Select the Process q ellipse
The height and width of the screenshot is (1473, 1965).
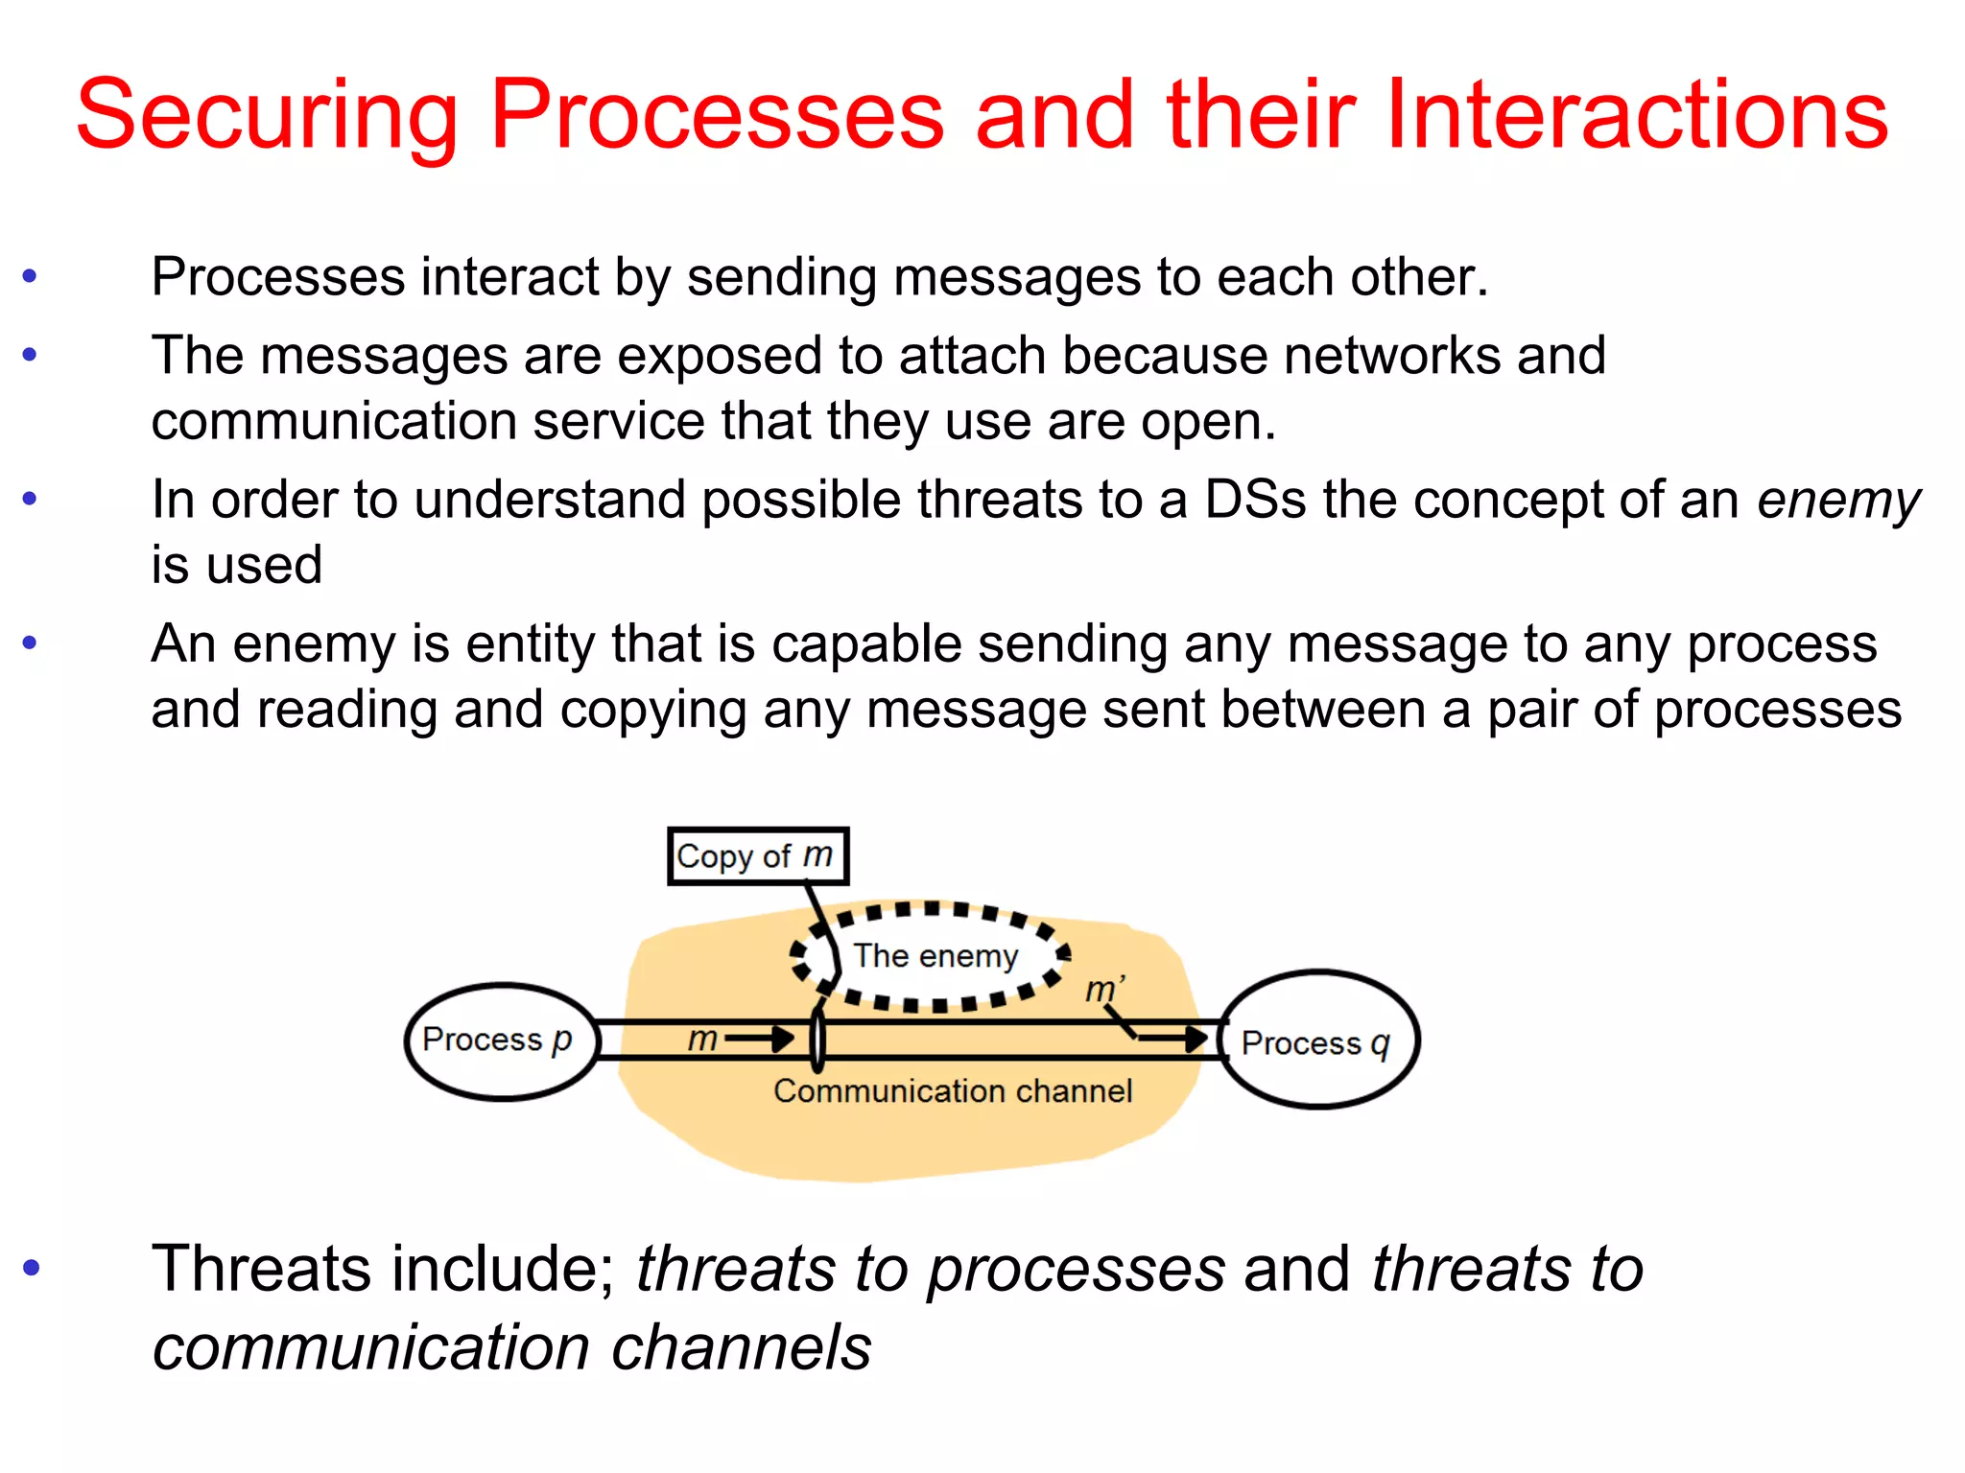(x=1318, y=1041)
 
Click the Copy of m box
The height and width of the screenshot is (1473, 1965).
(x=757, y=855)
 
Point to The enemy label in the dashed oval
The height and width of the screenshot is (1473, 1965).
(x=935, y=956)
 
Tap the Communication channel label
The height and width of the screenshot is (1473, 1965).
(x=953, y=1091)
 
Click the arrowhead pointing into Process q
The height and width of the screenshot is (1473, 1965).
(x=1196, y=1038)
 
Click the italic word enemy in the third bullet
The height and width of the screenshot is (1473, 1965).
(x=1838, y=501)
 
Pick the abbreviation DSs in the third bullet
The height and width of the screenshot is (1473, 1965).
(x=1255, y=501)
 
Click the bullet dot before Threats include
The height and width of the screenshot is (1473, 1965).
(x=31, y=1268)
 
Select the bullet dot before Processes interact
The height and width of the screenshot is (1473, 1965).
(x=30, y=277)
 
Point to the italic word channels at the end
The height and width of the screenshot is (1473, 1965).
(x=742, y=1347)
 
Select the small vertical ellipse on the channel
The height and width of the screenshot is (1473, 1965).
(x=817, y=1040)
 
